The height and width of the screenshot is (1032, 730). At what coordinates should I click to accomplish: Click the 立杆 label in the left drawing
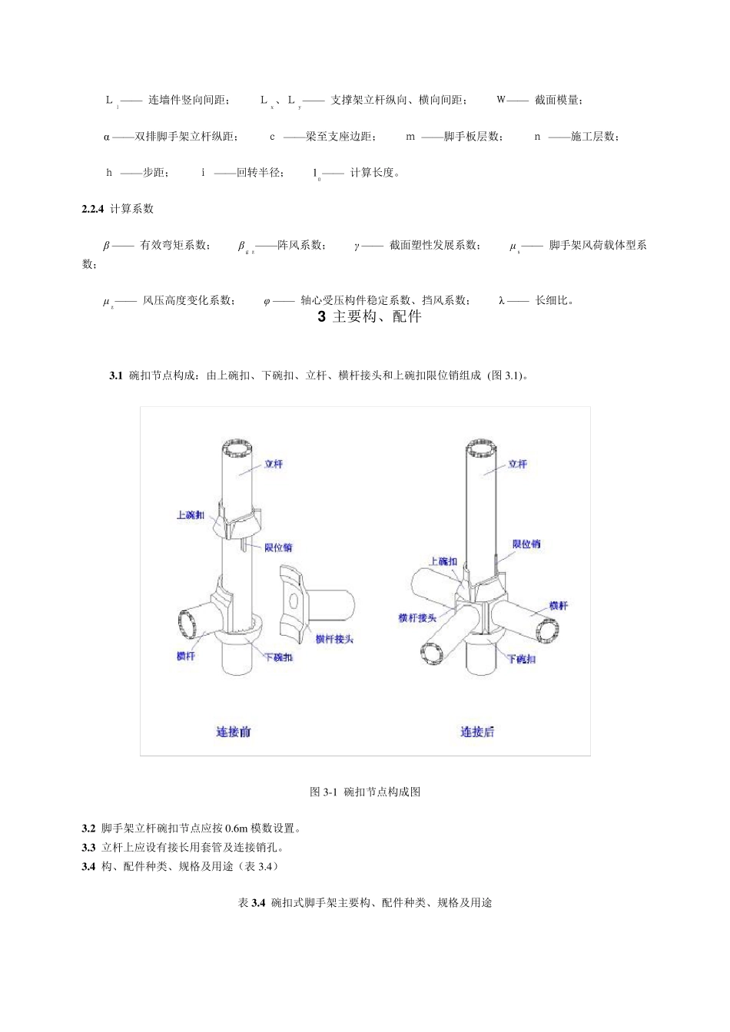[x=274, y=464]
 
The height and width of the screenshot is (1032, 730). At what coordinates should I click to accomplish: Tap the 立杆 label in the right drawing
[x=517, y=464]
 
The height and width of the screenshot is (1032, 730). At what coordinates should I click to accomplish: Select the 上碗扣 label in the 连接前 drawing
[x=191, y=514]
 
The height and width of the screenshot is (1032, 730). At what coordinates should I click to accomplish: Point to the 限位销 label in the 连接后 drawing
[x=526, y=544]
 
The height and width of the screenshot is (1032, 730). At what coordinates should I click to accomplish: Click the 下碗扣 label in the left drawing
[x=278, y=657]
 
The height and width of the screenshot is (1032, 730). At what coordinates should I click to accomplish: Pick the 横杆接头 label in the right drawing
[x=417, y=617]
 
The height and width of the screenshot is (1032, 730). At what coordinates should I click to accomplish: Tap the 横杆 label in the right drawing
[x=559, y=606]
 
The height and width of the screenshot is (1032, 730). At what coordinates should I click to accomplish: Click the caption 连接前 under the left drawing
[x=233, y=732]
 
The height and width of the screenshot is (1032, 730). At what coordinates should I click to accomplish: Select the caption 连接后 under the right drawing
[x=477, y=732]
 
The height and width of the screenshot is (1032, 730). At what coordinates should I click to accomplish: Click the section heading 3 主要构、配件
[x=370, y=316]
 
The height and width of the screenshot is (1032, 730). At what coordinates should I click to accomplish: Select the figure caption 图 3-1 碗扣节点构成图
[x=365, y=792]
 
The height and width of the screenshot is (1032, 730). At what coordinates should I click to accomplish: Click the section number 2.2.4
[x=92, y=209]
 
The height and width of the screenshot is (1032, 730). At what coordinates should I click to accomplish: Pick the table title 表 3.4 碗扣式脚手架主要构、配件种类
[x=365, y=903]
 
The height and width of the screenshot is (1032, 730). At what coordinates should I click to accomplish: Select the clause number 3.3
[x=88, y=848]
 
